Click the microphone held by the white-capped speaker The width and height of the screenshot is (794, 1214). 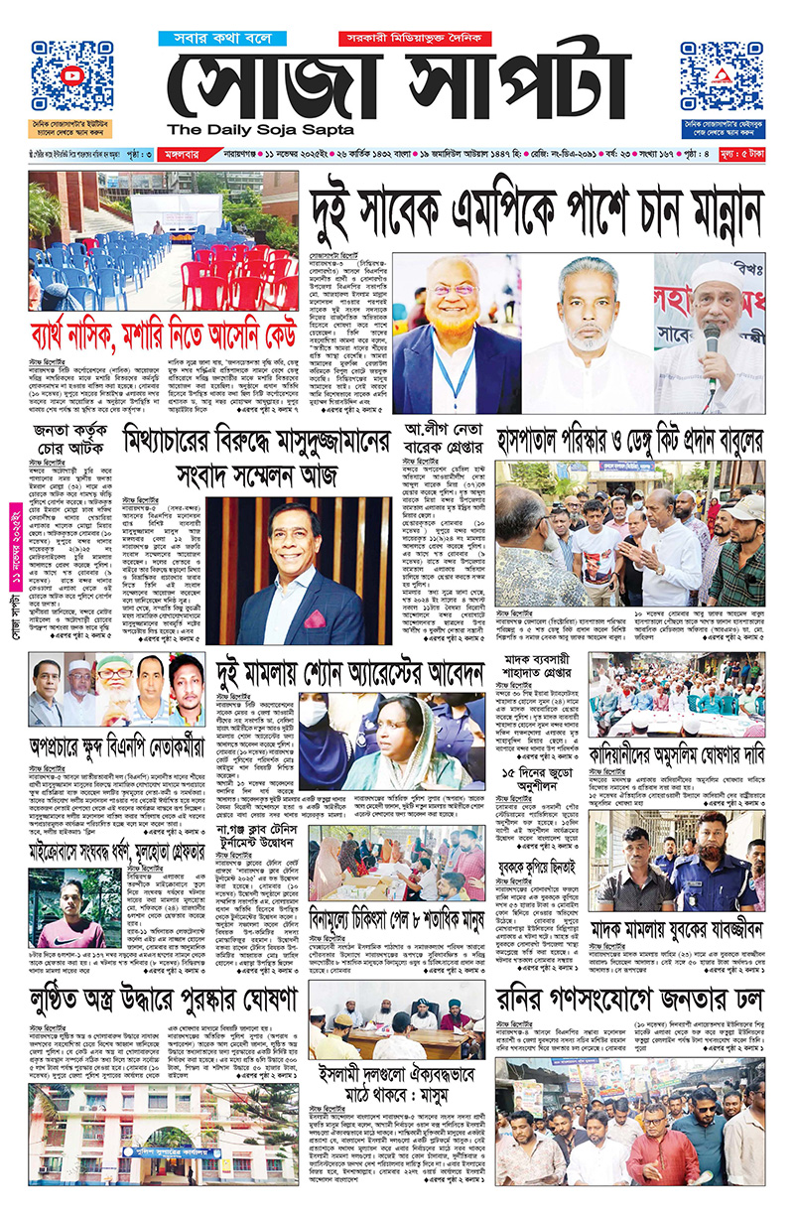pos(712,342)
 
